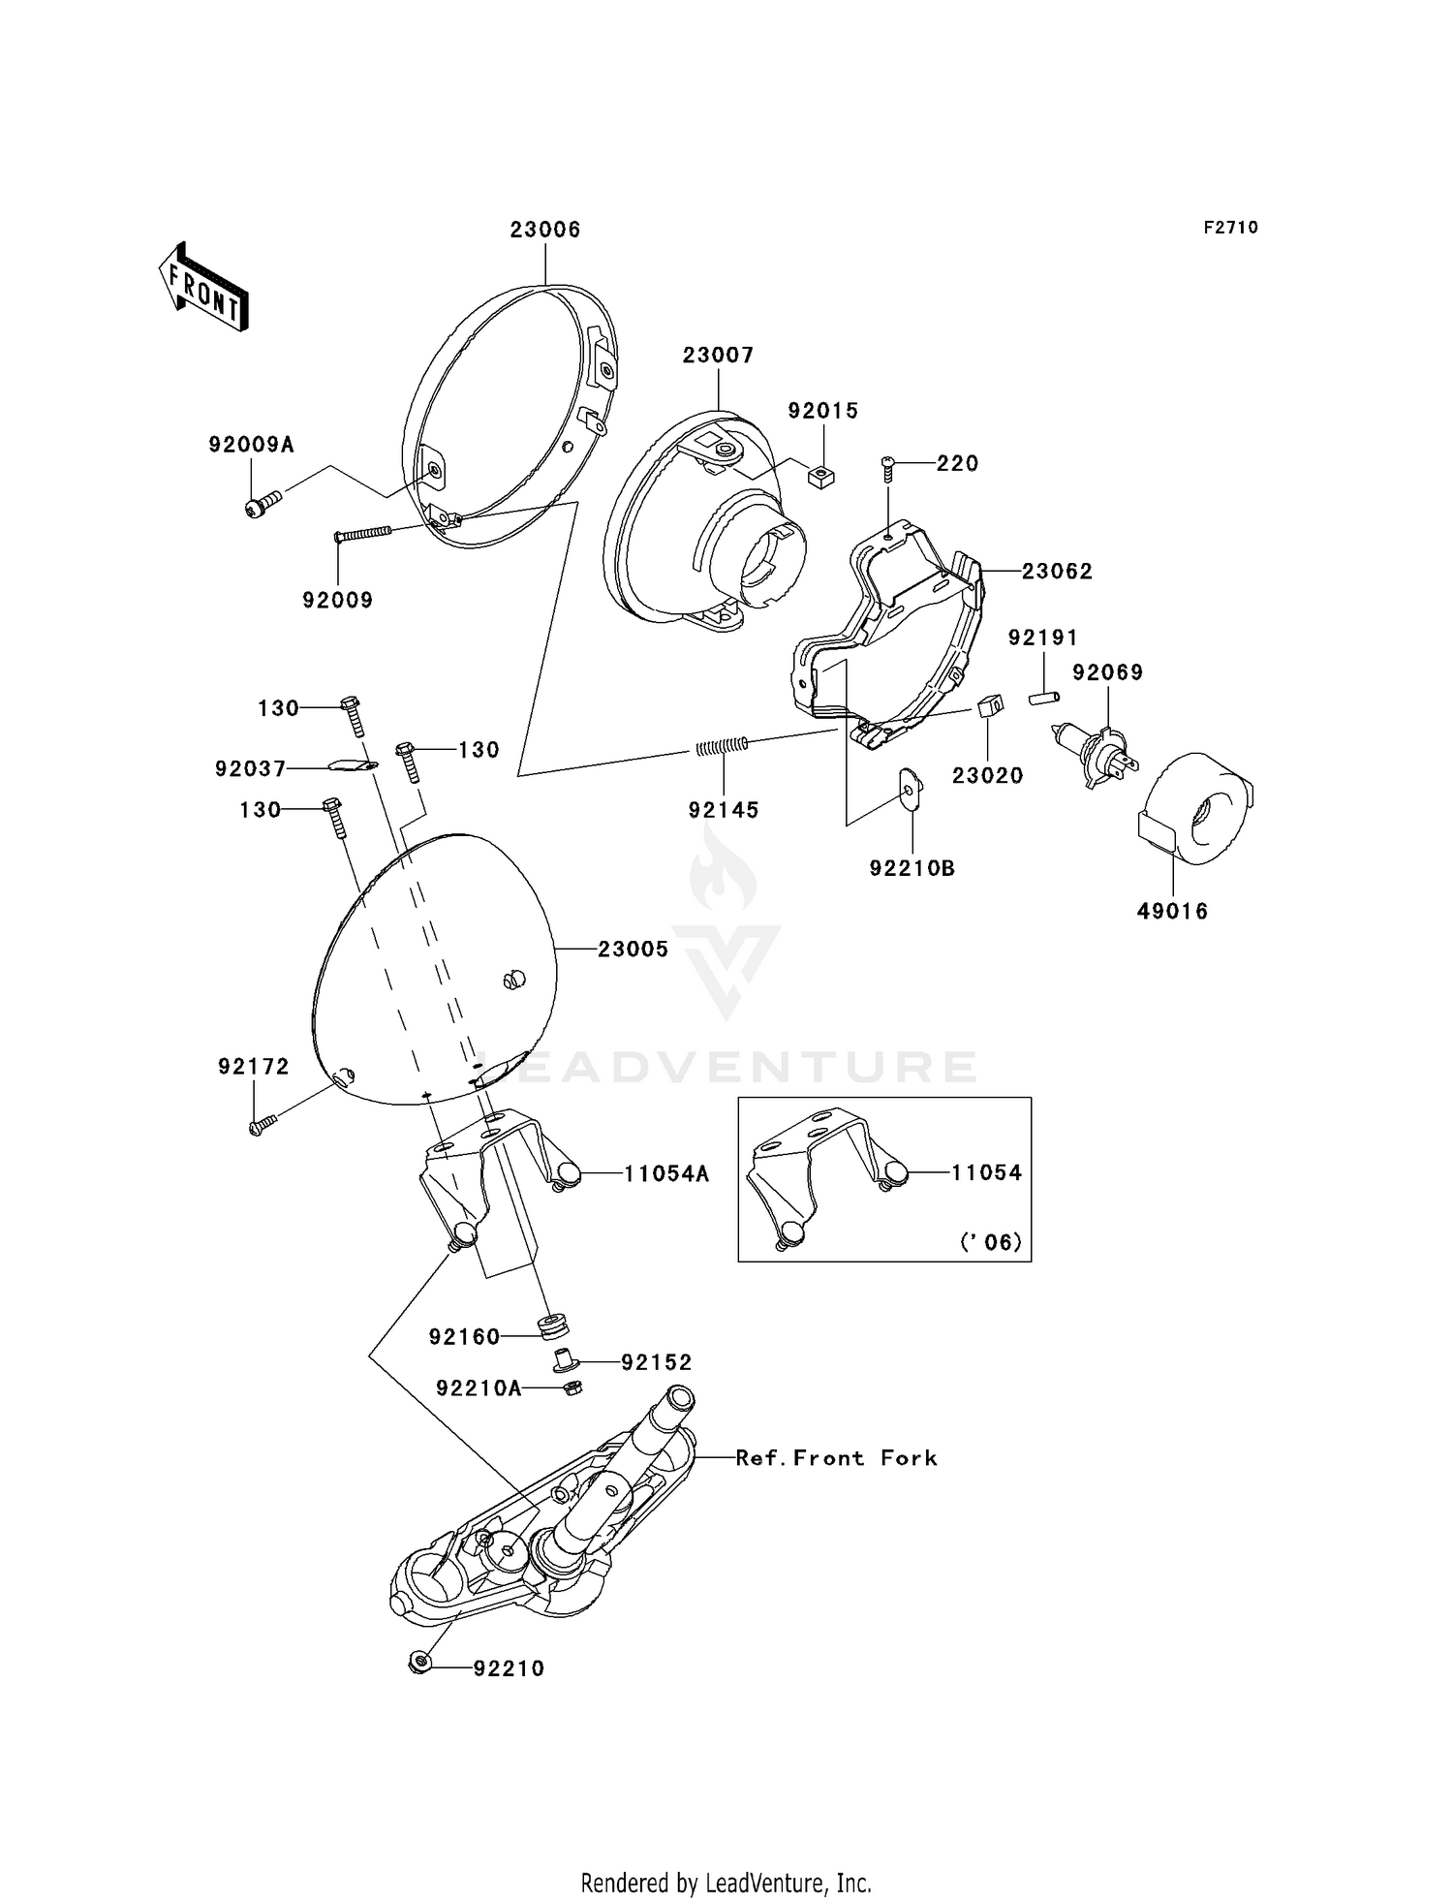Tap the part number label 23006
pos(545,230)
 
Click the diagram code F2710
pos(1230,228)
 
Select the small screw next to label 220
pos(887,469)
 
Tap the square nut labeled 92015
pos(821,477)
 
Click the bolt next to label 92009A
pos(263,504)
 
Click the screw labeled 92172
pos(262,1125)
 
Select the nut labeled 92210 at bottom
pos(419,1665)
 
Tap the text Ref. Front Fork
pos(836,1458)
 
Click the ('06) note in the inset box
pos(990,1241)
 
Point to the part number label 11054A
pos(665,1174)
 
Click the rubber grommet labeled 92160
pos(554,1324)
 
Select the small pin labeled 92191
pos(1044,697)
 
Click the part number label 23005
pos(633,950)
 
